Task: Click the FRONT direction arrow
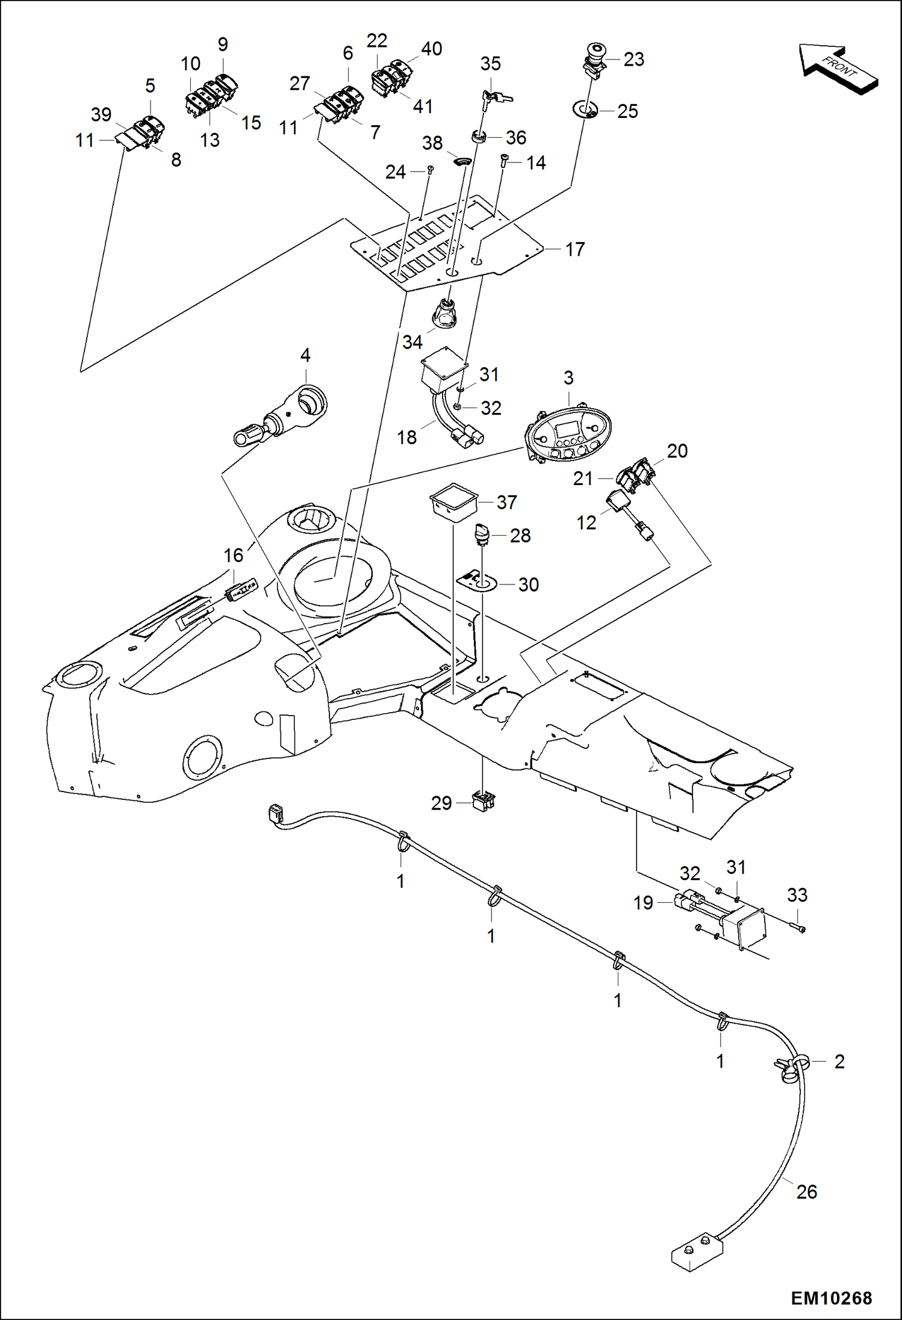click(839, 69)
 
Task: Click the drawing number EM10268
click(831, 1298)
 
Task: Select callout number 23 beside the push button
click(633, 59)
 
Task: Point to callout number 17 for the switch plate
click(575, 249)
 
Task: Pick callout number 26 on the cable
click(806, 1191)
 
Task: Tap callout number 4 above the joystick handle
click(305, 355)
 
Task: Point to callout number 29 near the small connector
click(441, 803)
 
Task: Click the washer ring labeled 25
click(585, 111)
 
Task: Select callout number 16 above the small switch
click(234, 555)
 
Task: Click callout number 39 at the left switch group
click(101, 114)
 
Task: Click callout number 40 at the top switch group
click(431, 49)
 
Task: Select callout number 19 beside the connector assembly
click(643, 902)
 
